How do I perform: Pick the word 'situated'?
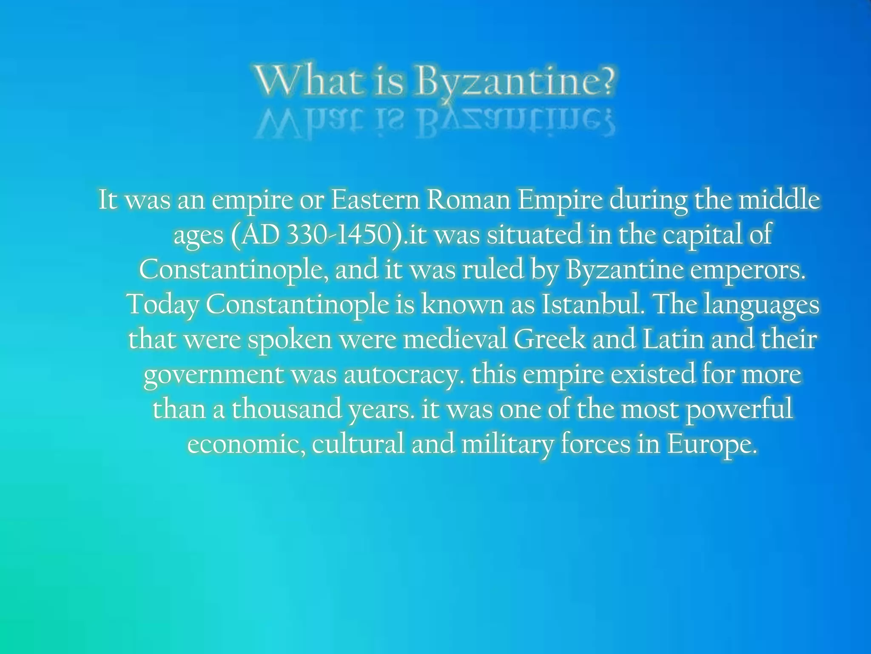534,234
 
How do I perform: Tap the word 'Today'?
164,305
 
